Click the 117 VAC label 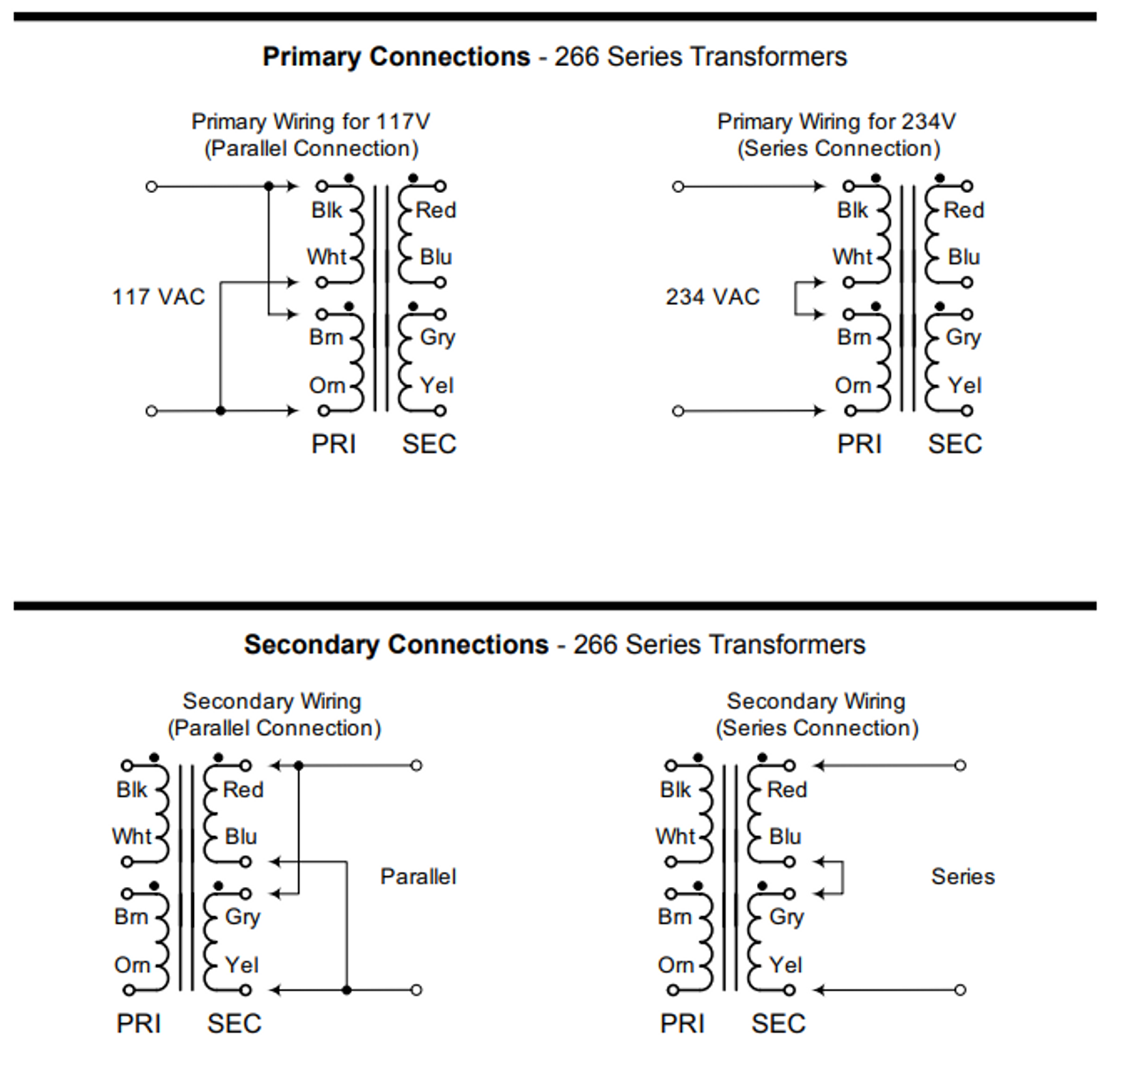click(159, 297)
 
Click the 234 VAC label click(712, 297)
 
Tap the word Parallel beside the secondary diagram click(419, 876)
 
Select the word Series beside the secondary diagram click(962, 876)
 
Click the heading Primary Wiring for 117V click(310, 122)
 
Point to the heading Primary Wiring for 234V click(836, 122)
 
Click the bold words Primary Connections click(396, 57)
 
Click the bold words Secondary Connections click(396, 645)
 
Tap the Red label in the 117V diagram click(436, 211)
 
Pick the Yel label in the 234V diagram click(965, 386)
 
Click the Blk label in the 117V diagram click(326, 211)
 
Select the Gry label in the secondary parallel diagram click(242, 917)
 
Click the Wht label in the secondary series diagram click(675, 837)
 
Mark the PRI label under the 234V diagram click(859, 444)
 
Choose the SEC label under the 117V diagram click(429, 444)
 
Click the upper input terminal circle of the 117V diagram click(152, 187)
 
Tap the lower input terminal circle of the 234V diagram click(678, 410)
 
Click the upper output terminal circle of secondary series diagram click(960, 765)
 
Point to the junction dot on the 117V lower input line click(220, 410)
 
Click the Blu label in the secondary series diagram click(785, 837)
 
